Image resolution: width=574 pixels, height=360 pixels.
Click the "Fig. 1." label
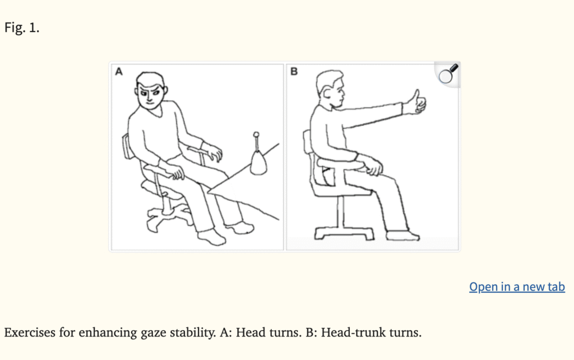coord(22,27)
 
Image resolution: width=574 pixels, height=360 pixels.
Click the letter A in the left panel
coord(119,71)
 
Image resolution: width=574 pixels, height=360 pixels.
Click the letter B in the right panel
coord(294,71)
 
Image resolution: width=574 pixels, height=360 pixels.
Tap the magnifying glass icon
coord(448,74)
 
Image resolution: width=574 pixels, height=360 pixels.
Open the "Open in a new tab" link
coord(517,287)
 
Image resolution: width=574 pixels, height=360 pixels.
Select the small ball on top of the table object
coord(256,135)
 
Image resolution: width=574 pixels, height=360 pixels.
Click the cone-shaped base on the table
coord(258,163)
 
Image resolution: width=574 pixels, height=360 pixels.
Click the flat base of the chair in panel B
coord(344,233)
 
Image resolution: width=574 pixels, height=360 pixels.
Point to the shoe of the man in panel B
coord(402,236)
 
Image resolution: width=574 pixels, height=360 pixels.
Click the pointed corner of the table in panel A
coord(208,191)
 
